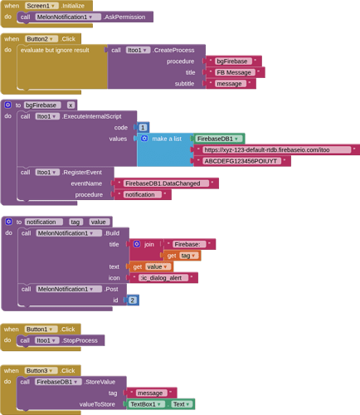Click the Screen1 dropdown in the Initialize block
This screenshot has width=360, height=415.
tap(41, 6)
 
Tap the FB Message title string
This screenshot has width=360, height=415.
tap(236, 72)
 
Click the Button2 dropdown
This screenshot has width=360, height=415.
tap(41, 39)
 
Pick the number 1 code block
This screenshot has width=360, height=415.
tap(143, 128)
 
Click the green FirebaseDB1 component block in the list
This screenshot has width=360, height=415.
tap(219, 139)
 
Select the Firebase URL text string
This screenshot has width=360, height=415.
tap(277, 150)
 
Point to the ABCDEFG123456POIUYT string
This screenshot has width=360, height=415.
tap(242, 161)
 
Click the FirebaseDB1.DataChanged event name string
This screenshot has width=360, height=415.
tap(167, 183)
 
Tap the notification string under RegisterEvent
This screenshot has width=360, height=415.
tap(143, 195)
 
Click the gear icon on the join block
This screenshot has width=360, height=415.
tap(137, 244)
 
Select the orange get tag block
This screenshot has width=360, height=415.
tap(182, 256)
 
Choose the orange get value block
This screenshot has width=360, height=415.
tap(152, 266)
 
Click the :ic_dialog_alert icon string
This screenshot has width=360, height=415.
tap(163, 278)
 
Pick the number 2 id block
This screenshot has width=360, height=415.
tap(133, 300)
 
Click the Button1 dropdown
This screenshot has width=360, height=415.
tap(41, 330)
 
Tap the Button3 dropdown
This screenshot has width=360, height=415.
tap(41, 371)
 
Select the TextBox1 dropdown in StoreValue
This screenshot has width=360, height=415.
tap(146, 404)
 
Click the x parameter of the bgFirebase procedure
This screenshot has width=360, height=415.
tap(71, 105)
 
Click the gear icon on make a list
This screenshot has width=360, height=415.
tap(144, 139)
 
